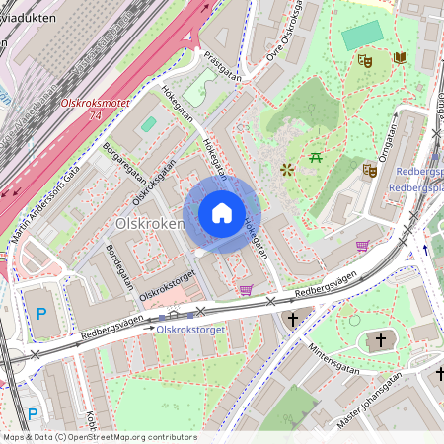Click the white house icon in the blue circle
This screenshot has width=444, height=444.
[222, 212]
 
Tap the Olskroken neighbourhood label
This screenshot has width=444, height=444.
[150, 224]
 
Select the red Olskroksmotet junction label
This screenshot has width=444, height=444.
[96, 102]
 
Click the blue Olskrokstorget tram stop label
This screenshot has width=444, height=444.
[191, 329]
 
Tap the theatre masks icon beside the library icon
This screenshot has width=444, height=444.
[364, 60]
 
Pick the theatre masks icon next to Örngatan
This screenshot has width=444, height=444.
[369, 170]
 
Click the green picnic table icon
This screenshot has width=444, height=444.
[317, 157]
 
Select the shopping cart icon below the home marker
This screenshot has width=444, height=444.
[246, 289]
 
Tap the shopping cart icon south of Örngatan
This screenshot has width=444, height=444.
[362, 246]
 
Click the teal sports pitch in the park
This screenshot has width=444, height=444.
[362, 35]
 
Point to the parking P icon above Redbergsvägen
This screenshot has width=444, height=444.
[41, 314]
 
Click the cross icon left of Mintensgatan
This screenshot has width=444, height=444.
[293, 320]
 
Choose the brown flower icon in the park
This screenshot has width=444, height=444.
[287, 169]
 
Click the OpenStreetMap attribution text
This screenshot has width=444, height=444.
[99, 437]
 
